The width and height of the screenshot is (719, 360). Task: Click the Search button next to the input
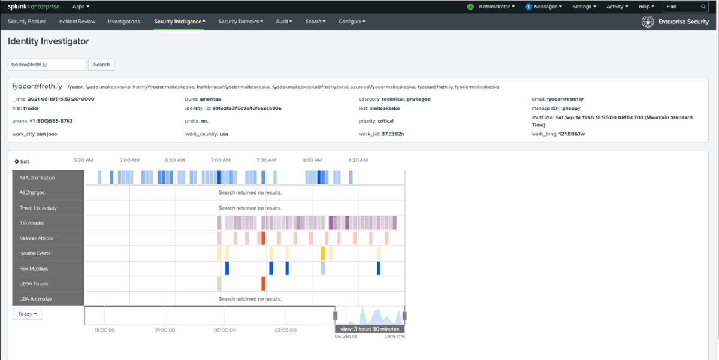coord(101,65)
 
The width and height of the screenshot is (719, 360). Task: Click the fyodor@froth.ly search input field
coord(47,65)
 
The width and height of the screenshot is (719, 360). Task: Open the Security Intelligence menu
coord(179,22)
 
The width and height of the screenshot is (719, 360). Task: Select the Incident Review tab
coord(77,22)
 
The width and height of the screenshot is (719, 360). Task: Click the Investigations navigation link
coord(123,22)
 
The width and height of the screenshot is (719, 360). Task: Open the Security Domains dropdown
coord(240,22)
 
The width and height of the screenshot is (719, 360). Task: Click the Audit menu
coord(284,22)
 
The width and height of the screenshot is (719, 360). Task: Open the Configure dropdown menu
coord(352,22)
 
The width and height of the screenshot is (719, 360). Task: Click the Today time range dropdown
coord(28,314)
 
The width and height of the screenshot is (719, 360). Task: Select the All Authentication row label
coord(37,178)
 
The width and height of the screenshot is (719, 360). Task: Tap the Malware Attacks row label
coord(36,238)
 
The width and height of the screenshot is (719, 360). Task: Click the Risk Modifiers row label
coord(34,269)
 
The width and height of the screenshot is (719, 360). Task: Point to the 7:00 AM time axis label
coord(220,161)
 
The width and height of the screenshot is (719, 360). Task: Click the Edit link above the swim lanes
coord(22,162)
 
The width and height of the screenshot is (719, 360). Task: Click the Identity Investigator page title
coord(48,42)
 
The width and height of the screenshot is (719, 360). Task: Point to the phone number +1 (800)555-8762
coord(50,121)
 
